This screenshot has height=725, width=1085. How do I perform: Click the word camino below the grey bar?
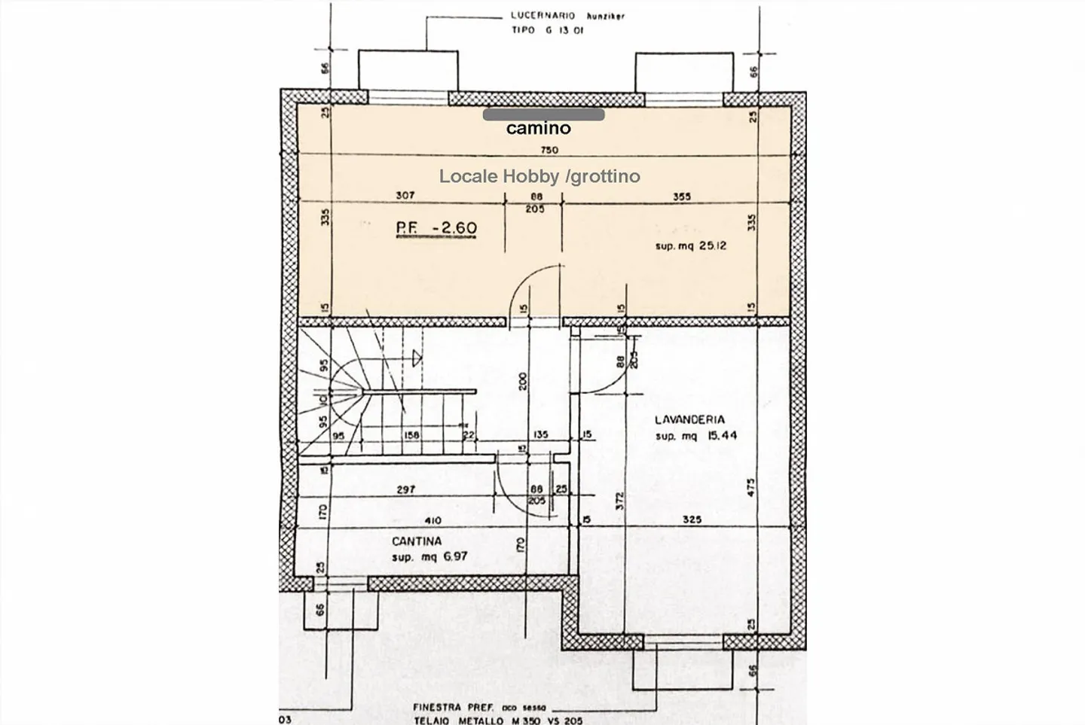tap(538, 129)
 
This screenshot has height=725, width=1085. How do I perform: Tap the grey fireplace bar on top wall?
tap(543, 115)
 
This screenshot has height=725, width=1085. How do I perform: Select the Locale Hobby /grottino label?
tap(539, 176)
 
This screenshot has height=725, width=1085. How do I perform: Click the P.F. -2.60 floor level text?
tap(436, 228)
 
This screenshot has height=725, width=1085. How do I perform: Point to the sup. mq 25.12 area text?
tap(690, 245)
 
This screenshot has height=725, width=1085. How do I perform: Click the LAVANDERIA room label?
tap(689, 420)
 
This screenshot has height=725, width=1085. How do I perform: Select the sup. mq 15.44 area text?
tap(695, 436)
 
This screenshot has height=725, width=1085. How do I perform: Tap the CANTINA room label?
tap(417, 541)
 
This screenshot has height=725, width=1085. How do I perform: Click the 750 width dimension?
tap(549, 150)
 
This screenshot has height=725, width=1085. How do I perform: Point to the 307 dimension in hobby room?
tap(405, 196)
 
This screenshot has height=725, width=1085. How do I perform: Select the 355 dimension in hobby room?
tap(681, 196)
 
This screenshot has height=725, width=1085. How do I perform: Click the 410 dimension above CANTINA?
tap(433, 520)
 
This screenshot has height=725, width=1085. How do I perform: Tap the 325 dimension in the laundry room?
tap(692, 519)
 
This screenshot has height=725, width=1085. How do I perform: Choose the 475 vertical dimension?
tap(750, 487)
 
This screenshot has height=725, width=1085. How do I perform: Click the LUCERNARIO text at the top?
tap(542, 15)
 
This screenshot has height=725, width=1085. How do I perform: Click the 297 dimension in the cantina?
tap(405, 489)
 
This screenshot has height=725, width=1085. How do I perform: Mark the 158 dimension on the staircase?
tap(411, 435)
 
